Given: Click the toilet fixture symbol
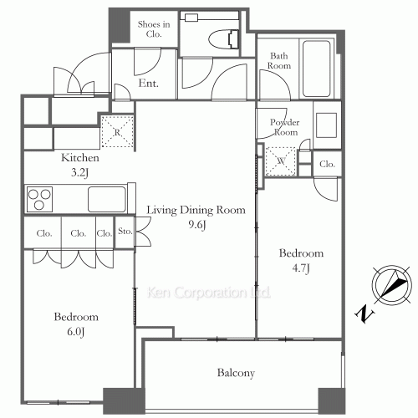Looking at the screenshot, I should (x=223, y=38).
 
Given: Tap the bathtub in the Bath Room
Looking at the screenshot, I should (x=318, y=69).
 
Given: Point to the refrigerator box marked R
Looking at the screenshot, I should (x=116, y=131).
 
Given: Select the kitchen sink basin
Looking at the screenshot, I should (x=106, y=199).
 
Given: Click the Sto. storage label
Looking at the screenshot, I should (x=125, y=232).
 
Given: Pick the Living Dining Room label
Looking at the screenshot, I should (x=196, y=210).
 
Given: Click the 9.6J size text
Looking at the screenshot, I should (x=196, y=225).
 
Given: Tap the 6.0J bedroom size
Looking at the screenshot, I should (x=76, y=332).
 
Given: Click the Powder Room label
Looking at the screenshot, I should (x=283, y=127).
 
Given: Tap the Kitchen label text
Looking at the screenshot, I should (x=81, y=158).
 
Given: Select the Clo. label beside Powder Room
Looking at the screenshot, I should (x=327, y=165).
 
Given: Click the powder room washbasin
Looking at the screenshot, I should (x=326, y=122).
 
